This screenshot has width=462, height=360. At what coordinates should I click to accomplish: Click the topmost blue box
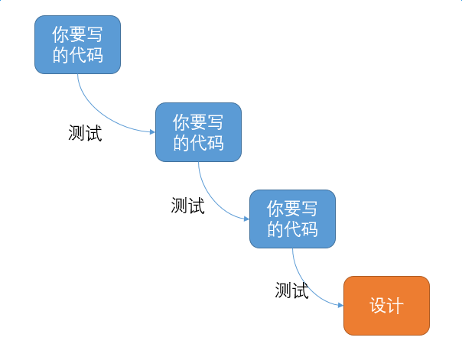pos(77,44)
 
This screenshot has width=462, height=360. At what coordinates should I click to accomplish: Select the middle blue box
pos(198,131)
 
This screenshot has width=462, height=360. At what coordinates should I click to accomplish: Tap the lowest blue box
pos(292,219)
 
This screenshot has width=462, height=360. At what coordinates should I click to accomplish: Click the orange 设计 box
pos(386,306)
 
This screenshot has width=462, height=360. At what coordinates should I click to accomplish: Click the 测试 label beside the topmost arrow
pos(85,133)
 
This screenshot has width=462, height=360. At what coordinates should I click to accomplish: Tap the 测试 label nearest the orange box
pos(291,290)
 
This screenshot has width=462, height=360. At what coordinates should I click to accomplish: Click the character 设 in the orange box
pos(378,306)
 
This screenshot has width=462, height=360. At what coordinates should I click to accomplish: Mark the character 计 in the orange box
pos(395,306)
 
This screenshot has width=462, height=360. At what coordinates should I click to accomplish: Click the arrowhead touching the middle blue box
pos(151,131)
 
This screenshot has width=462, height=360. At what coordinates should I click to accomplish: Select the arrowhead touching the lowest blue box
pos(246,219)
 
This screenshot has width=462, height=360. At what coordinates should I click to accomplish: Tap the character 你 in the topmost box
pos(60,35)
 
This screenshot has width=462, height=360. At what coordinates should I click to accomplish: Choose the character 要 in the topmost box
pos(77,35)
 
